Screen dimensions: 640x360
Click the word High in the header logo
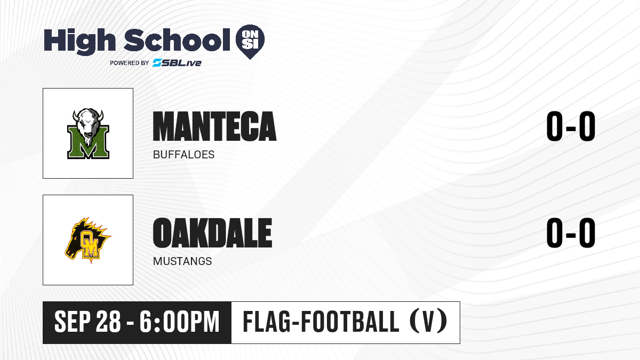[x=79, y=42]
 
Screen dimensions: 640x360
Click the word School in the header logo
[x=177, y=40]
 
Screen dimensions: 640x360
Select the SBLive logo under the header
[x=177, y=62]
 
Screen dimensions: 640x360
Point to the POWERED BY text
[x=130, y=63]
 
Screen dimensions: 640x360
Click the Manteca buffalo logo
[x=89, y=133]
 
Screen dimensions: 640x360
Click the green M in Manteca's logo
[x=89, y=143]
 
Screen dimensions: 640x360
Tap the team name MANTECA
[x=214, y=126]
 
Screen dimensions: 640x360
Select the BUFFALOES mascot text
[x=183, y=155]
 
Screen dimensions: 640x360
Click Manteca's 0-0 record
[x=571, y=126]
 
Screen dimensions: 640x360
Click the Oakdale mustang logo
[x=88, y=240]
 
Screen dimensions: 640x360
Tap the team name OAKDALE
[x=213, y=233]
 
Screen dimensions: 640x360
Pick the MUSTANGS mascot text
[x=182, y=261]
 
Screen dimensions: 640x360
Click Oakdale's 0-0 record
[x=571, y=233]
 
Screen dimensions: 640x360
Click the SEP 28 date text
[x=87, y=322]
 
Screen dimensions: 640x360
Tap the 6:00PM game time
[x=179, y=322]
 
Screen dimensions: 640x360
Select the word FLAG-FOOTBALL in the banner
[x=321, y=321]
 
